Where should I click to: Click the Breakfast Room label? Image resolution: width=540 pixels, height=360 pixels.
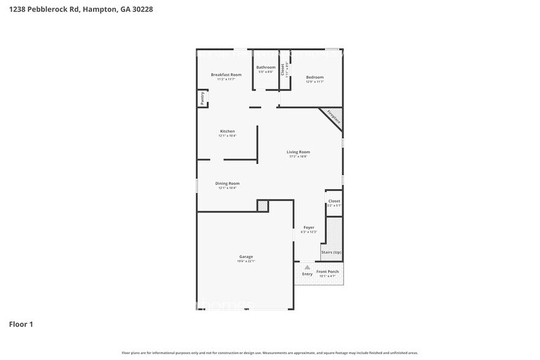click(227, 75)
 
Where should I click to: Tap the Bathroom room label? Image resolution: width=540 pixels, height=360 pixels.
click(266, 67)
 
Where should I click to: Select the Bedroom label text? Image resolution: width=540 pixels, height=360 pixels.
click(315, 77)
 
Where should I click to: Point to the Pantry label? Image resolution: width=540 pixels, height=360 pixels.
click(202, 99)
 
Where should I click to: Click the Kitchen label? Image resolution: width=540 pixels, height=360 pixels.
click(227, 131)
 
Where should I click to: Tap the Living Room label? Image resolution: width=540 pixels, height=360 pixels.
click(298, 152)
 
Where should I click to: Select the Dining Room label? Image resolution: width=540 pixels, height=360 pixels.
click(227, 183)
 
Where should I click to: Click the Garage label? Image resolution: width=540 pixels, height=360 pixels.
click(246, 257)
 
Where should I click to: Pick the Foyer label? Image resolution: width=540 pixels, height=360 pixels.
click(309, 227)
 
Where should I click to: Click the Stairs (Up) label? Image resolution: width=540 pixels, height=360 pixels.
click(331, 252)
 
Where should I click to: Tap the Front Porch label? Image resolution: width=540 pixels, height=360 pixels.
click(328, 271)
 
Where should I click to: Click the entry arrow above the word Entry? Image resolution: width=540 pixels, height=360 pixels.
click(307, 267)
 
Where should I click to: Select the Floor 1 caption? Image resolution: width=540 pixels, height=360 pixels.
click(21, 324)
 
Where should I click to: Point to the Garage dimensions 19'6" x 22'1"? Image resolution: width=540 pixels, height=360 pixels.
click(246, 261)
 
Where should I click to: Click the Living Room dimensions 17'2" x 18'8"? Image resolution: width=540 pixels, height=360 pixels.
click(298, 157)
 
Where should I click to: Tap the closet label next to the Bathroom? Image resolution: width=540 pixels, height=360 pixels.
click(283, 70)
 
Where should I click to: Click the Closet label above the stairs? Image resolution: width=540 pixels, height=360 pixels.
click(334, 201)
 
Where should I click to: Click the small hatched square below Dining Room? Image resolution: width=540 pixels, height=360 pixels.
click(263, 206)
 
